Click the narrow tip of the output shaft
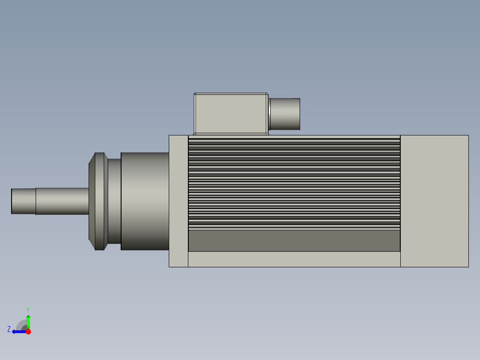click(23, 201)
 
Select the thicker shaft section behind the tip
click(62, 201)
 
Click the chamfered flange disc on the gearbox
click(99, 201)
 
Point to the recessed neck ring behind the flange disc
click(114, 201)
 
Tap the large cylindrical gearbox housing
click(145, 201)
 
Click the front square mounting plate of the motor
click(179, 201)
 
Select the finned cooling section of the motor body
click(294, 183)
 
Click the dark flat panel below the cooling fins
click(294, 241)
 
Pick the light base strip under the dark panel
click(294, 259)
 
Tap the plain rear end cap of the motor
click(434, 201)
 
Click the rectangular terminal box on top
click(231, 113)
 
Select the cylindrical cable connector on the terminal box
click(285, 114)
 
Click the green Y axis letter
click(28, 309)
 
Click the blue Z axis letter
click(9, 329)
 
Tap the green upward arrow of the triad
click(28, 321)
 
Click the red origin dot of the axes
click(28, 331)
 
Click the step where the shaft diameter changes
click(36, 201)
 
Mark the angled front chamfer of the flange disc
click(92, 201)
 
